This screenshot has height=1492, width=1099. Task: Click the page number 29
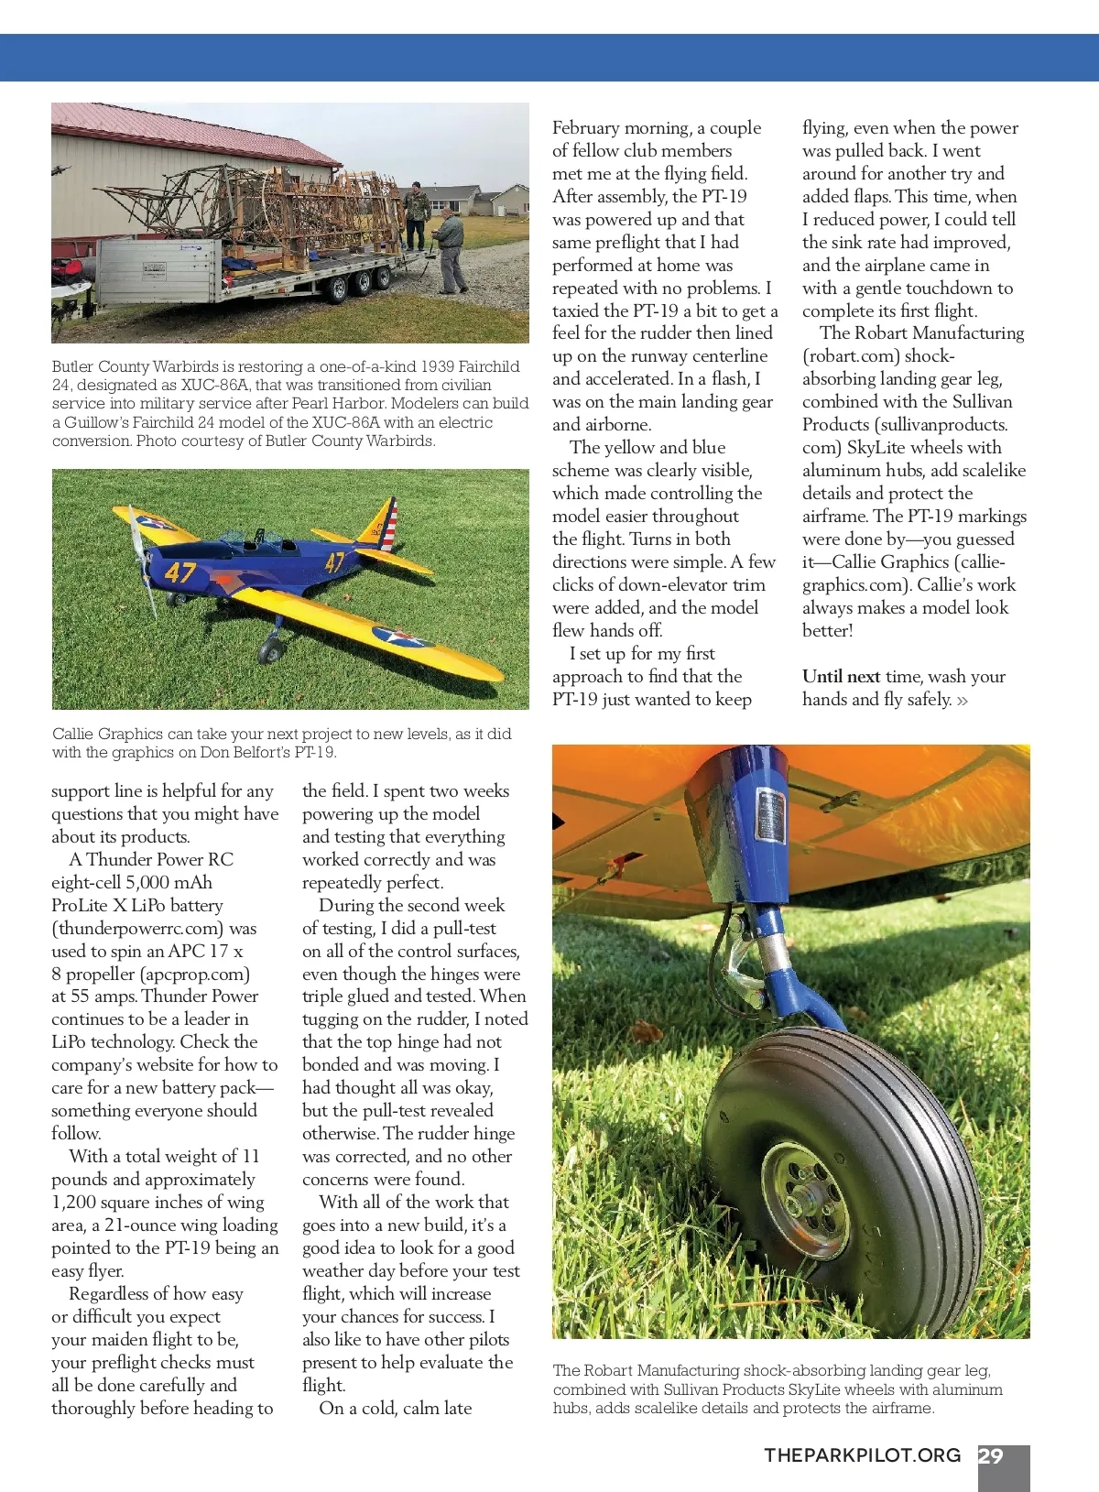pyautogui.click(x=991, y=1455)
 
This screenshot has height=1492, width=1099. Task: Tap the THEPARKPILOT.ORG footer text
pyautogui.click(x=862, y=1455)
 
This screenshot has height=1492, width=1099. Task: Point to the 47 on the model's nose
pyautogui.click(x=180, y=573)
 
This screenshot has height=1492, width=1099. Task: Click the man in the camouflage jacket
pyautogui.click(x=417, y=214)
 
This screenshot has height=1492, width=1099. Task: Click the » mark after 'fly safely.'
pyautogui.click(x=962, y=701)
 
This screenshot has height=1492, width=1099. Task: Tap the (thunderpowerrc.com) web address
pyautogui.click(x=137, y=928)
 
